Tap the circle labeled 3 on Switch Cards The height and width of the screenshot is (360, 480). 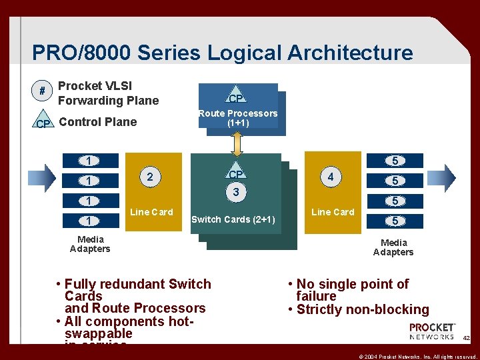[x=235, y=193]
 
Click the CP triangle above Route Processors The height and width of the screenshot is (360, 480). [x=235, y=97]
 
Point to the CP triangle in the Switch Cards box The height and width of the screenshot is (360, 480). [x=235, y=173]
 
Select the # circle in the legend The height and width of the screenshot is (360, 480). [x=43, y=90]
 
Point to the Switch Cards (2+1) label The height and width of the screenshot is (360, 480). [x=233, y=219]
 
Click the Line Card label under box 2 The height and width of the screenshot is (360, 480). [x=151, y=212]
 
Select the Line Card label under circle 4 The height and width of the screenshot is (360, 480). [x=333, y=212]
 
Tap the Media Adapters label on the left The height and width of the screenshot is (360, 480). [x=90, y=244]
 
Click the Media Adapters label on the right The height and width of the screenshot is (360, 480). [x=393, y=247]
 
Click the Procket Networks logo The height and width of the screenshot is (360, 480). [x=431, y=331]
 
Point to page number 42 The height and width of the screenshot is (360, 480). [x=466, y=339]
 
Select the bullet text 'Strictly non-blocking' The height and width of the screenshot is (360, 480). [x=363, y=309]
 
